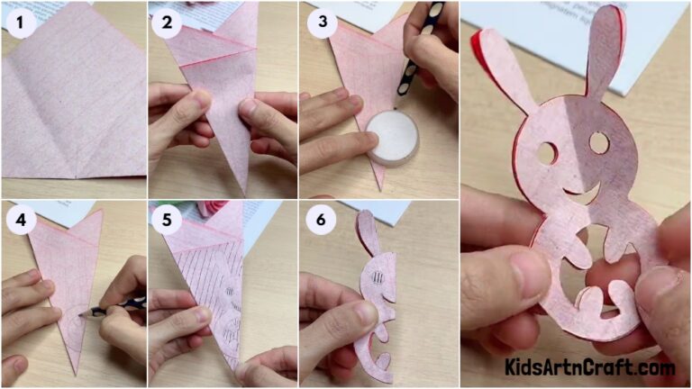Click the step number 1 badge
click(x=19, y=22)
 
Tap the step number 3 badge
click(x=321, y=22)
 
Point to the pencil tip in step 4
click(x=87, y=313)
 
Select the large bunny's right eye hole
click(x=599, y=141)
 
